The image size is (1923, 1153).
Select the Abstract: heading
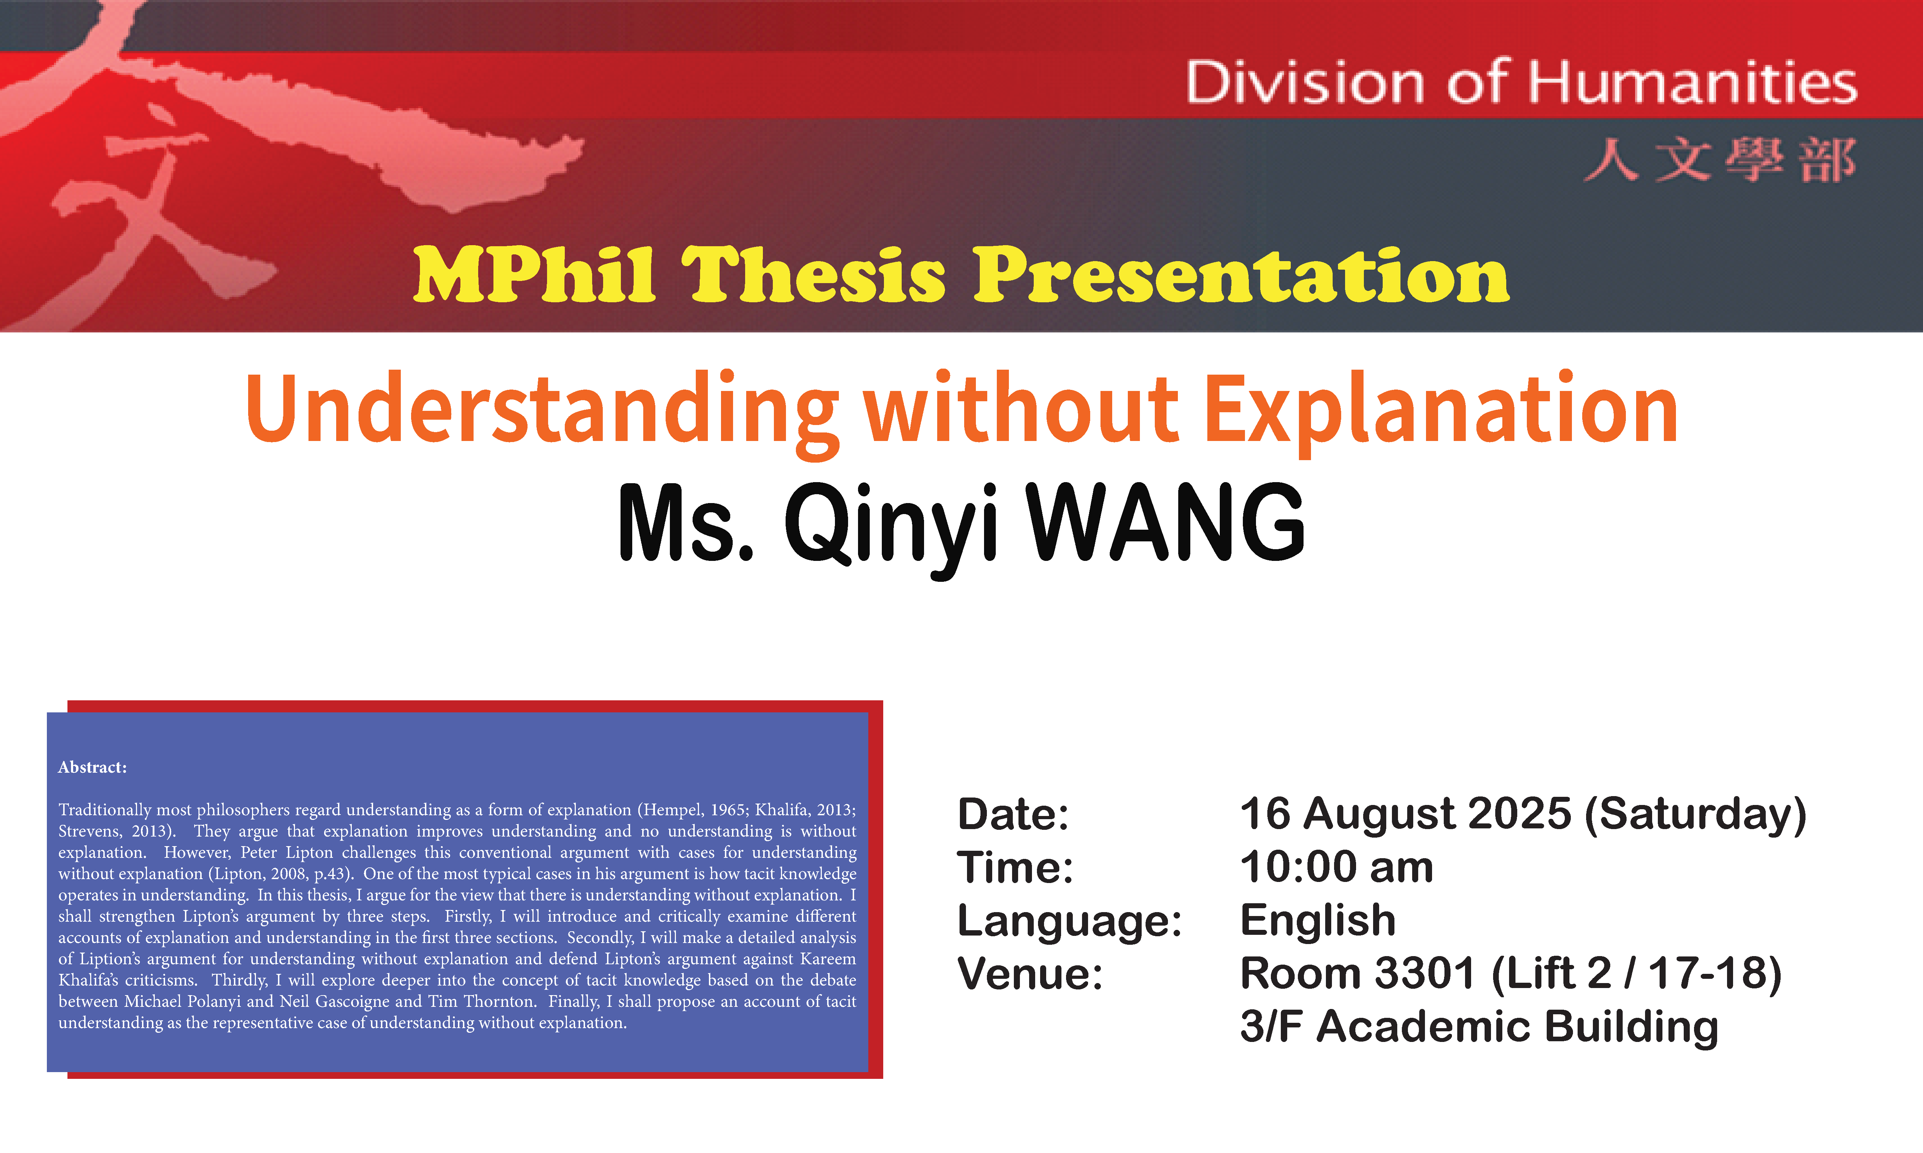93,768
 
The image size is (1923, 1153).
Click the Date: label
1013,814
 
